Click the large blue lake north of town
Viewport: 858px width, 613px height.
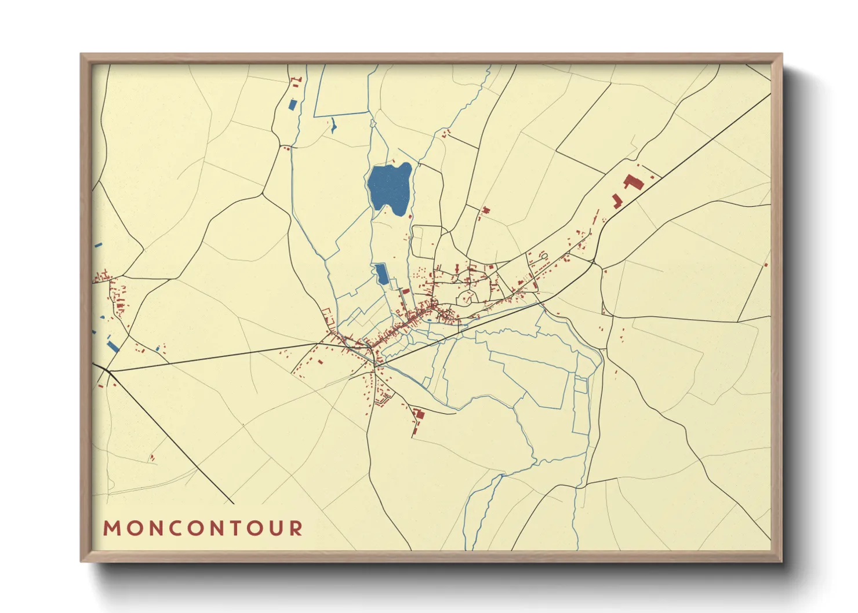tap(390, 187)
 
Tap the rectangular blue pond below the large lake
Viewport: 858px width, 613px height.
tap(381, 273)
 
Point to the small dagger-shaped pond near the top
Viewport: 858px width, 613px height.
tap(333, 126)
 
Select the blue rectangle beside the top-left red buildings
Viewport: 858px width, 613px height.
tap(292, 105)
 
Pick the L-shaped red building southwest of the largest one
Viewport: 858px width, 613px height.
tap(617, 202)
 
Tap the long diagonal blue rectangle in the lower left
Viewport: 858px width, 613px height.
tap(113, 346)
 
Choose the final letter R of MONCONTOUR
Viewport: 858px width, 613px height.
tap(296, 528)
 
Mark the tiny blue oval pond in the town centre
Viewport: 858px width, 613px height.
tap(429, 320)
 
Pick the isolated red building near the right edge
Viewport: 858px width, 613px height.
tap(766, 265)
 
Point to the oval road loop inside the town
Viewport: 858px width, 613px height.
tap(464, 299)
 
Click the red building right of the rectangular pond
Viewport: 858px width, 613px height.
tap(406, 291)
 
